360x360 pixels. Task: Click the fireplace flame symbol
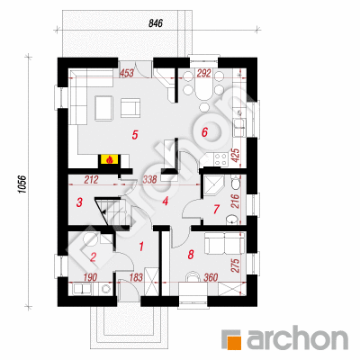tap(111, 159)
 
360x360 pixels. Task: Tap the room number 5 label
tap(135, 135)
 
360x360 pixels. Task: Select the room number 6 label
tap(204, 132)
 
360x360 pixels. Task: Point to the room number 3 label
tap(79, 202)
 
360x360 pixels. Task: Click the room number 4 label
tap(165, 202)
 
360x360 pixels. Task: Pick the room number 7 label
tap(217, 209)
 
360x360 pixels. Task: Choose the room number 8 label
tap(190, 255)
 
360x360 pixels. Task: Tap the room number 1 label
tap(141, 247)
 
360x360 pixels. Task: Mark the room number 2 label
tap(94, 257)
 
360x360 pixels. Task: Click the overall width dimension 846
tap(156, 23)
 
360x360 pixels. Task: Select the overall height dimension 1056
tap(22, 184)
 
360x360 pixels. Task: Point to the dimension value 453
tap(126, 73)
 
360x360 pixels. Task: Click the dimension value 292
tap(204, 73)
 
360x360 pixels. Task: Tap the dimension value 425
tap(237, 156)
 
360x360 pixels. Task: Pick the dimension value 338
tap(150, 180)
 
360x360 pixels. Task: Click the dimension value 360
tap(211, 277)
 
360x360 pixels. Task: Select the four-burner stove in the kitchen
tap(220, 159)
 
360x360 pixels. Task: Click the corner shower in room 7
tap(213, 185)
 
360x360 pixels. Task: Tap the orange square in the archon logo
tap(235, 342)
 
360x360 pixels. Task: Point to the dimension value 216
tap(236, 202)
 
